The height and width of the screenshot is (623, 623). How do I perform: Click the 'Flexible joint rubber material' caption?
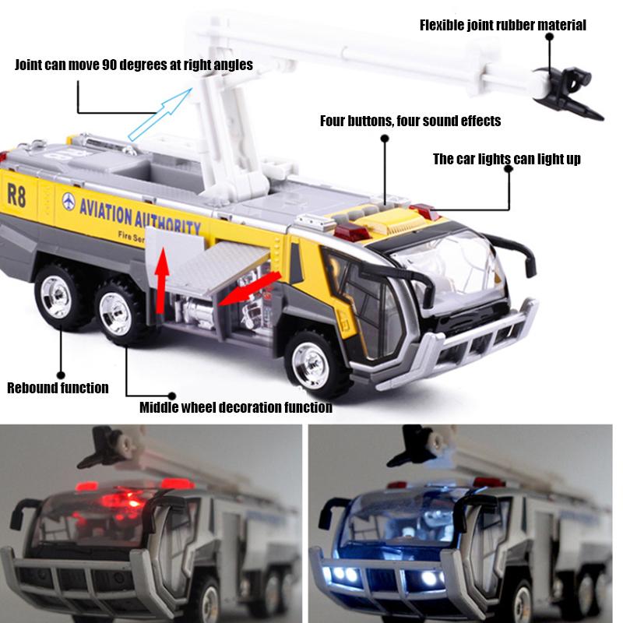(x=502, y=25)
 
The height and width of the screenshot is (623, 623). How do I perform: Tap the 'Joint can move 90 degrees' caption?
(x=134, y=65)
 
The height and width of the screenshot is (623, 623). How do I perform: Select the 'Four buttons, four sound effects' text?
(x=410, y=121)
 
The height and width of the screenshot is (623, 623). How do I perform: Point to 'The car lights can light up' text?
(x=506, y=159)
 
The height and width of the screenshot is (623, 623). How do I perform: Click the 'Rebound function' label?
(x=58, y=387)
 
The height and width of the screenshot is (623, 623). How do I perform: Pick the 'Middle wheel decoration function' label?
(x=235, y=407)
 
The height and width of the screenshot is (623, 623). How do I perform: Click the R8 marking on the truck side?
(x=16, y=195)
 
